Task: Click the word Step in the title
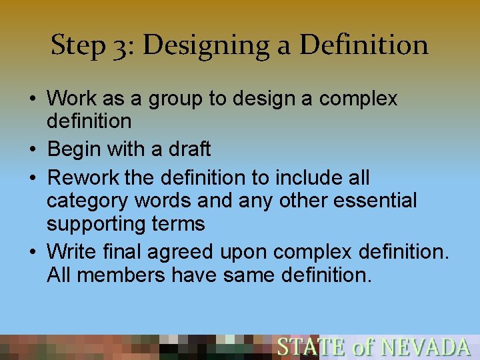tap(77, 46)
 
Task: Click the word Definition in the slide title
tap(364, 45)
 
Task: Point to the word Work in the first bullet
tap(71, 99)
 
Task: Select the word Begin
tap(75, 149)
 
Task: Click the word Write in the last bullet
tap(72, 253)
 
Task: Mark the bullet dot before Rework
tap(33, 179)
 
